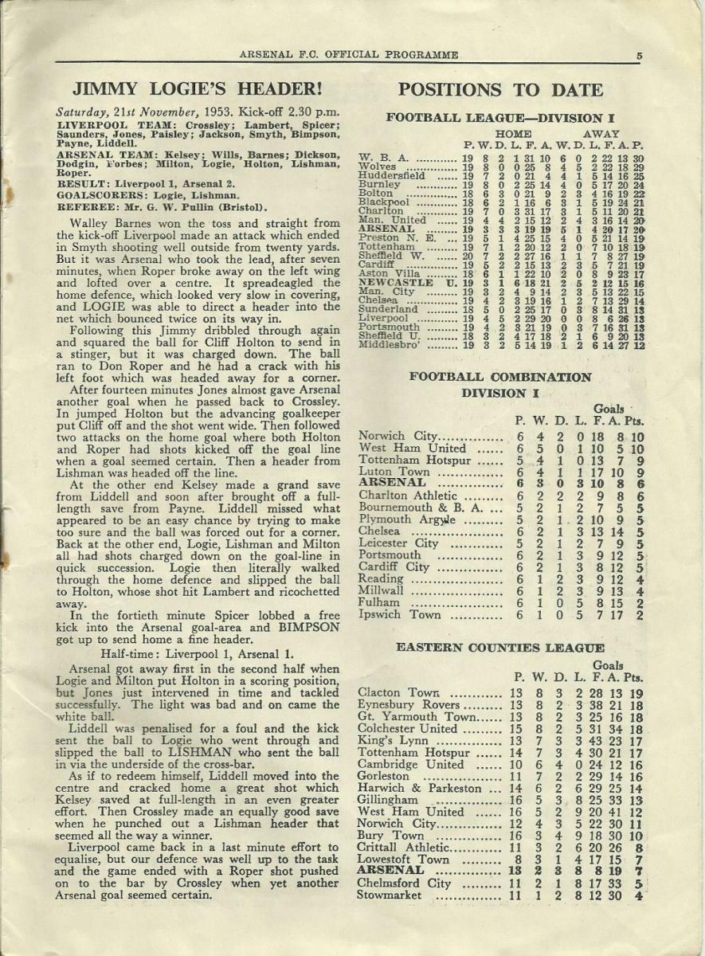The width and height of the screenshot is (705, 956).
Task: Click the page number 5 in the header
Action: click(640, 55)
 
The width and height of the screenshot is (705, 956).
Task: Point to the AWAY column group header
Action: click(601, 135)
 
